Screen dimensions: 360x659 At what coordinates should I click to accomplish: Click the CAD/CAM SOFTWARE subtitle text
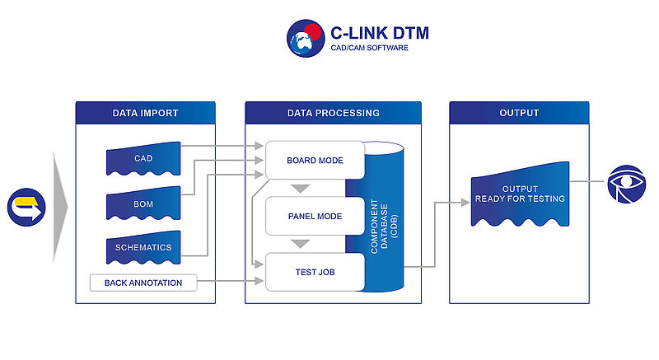point(369,49)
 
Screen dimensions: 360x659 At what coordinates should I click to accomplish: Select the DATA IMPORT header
point(145,113)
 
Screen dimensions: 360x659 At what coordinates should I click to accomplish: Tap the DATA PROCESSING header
point(333,113)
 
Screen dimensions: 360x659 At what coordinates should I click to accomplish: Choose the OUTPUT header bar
point(519,113)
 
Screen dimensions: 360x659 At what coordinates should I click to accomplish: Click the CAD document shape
point(143,159)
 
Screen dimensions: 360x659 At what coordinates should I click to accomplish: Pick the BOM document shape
point(143,203)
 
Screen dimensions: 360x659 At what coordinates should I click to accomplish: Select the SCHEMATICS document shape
point(143,248)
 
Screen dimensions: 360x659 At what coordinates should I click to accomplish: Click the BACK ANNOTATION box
point(143,283)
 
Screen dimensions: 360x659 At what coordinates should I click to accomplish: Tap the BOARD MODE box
point(314,160)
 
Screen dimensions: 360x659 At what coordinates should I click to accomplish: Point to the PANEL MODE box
point(314,217)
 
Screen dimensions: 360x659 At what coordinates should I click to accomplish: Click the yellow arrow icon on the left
point(26,206)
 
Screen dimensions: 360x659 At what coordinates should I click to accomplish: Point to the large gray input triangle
point(60,207)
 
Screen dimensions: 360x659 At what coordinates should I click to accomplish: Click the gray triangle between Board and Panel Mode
point(301,189)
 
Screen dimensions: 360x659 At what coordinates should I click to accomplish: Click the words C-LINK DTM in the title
point(379,33)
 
